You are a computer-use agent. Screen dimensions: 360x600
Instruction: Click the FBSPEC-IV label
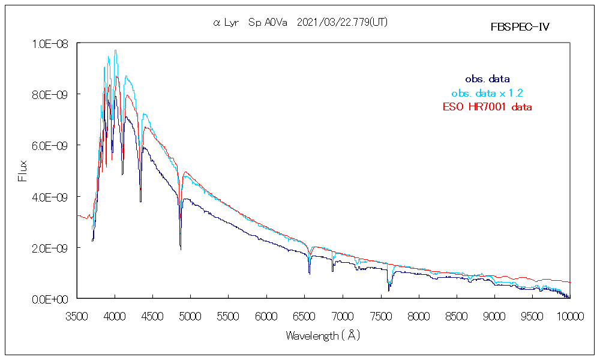(520, 27)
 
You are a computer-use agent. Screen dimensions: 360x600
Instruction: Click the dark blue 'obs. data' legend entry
(487, 79)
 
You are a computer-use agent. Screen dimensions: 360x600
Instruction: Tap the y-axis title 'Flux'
(23, 170)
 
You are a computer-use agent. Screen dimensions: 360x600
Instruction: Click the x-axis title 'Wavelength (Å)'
(323, 336)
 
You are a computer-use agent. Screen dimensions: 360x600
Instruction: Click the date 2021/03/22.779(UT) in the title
(346, 22)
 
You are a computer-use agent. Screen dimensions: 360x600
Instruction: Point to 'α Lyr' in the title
(227, 22)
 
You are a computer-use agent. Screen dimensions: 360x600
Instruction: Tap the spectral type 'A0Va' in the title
(275, 22)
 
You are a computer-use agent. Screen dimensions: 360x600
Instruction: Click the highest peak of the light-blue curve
(115, 50)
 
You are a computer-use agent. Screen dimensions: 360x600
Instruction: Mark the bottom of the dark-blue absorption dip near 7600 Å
(389, 290)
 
